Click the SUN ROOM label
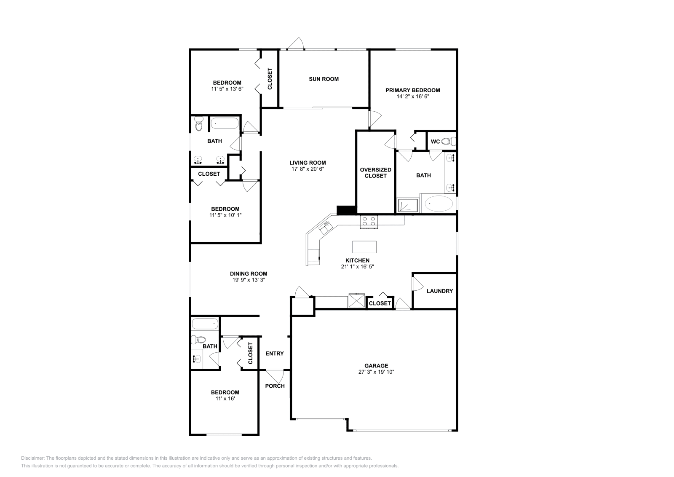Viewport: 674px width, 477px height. (x=324, y=79)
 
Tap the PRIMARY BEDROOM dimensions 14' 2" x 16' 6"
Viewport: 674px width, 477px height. (x=412, y=96)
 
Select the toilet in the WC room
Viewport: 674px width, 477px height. (x=450, y=141)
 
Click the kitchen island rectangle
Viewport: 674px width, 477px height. (x=364, y=247)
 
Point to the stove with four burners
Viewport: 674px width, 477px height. (x=369, y=221)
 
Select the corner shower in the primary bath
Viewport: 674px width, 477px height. (x=408, y=205)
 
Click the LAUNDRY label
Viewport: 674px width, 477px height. (x=439, y=291)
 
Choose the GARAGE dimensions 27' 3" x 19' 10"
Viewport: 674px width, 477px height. (x=376, y=372)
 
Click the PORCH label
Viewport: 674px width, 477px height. (x=275, y=386)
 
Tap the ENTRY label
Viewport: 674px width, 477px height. (x=275, y=354)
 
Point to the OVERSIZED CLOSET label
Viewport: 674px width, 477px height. (x=375, y=173)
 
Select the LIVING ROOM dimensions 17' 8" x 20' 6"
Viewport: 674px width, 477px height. (x=308, y=169)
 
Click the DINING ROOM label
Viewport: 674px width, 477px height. (x=249, y=273)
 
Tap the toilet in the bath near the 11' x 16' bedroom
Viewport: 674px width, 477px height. (x=199, y=340)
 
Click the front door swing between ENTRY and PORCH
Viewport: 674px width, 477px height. (x=275, y=375)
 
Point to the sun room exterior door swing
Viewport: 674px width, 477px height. (x=296, y=43)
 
